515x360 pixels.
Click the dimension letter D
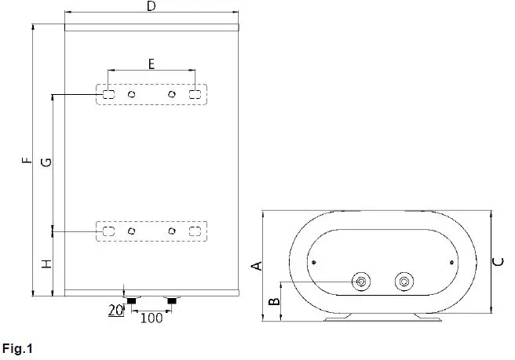[x=152, y=6]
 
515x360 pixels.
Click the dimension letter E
[x=152, y=64]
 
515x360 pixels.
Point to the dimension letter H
[x=46, y=264]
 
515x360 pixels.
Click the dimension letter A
[x=254, y=266]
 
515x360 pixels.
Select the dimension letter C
[x=499, y=264]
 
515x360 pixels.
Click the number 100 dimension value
[x=152, y=318]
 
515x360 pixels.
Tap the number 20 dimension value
[x=115, y=310]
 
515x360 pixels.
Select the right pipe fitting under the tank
[x=171, y=300]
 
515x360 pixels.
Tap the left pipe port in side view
[x=362, y=280]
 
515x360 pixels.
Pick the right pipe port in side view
[x=404, y=280]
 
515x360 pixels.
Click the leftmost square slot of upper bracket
[x=108, y=94]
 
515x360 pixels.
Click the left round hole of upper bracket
[x=132, y=94]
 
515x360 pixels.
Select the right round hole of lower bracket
[x=171, y=231]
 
